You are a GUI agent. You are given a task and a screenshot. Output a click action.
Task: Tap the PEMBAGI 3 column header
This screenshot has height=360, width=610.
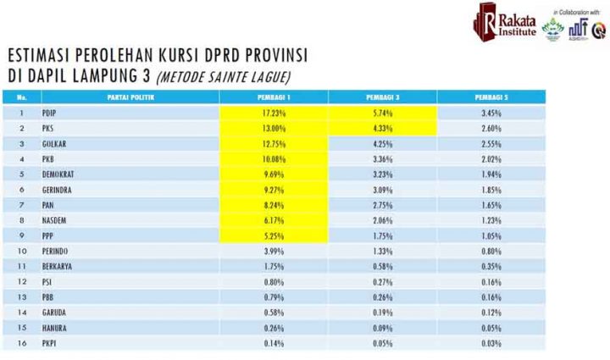point(382,97)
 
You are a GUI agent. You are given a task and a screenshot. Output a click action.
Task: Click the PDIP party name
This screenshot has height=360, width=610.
point(49,113)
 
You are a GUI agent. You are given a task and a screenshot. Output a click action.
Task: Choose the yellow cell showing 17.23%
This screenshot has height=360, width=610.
point(274,113)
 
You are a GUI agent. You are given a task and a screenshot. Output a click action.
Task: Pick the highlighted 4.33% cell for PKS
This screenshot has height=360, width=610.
point(382,128)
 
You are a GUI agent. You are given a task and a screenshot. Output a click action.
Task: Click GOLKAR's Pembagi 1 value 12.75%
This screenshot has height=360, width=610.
point(274,144)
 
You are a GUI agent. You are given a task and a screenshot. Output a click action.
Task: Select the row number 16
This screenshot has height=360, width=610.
point(23,344)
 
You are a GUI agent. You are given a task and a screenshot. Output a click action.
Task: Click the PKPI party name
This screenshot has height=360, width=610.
point(49,344)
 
